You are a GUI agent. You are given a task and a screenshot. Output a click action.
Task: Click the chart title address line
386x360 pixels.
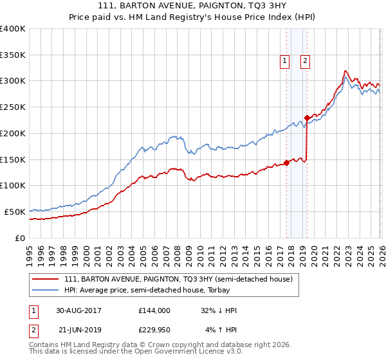[x=192, y=7]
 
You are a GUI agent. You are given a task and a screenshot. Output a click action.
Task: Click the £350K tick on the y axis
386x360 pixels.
[x=13, y=55]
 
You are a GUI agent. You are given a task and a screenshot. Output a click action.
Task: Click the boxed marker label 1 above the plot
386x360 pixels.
[x=284, y=61]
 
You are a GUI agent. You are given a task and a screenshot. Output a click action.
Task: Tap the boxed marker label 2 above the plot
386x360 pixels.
[x=305, y=61]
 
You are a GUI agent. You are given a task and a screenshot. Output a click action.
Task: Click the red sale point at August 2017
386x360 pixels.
[x=286, y=163]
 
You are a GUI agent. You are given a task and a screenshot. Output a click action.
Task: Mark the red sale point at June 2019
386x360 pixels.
[x=307, y=118]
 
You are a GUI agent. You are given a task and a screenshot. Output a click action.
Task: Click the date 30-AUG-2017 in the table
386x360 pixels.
[x=78, y=310]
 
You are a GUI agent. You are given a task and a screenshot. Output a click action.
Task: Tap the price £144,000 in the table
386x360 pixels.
[x=154, y=310]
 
